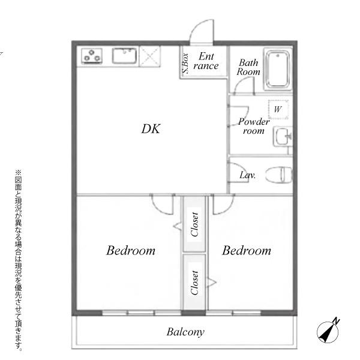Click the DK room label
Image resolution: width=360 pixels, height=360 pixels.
pos(151,129)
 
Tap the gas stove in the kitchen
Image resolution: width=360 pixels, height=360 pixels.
pos(92,56)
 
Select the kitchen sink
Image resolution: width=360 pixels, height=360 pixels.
pos(124,55)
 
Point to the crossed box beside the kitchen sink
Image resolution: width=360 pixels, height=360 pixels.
pos(149,56)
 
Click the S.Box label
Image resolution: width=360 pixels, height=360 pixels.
pos(185,64)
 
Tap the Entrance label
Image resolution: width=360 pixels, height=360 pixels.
pos(206,61)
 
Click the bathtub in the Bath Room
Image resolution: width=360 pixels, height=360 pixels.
pos(278,70)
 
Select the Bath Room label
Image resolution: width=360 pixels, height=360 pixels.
pos(248,67)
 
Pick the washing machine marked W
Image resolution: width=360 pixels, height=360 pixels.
pos(278,110)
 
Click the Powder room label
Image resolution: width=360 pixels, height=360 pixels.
pos(254,126)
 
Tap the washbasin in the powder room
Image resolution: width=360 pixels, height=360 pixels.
pos(283,136)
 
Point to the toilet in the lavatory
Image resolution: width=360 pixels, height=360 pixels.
pos(279,175)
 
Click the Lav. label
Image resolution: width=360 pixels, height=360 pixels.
pos(247,175)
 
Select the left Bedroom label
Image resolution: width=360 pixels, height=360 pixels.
pos(131,250)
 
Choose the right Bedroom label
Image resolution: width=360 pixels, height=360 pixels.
pos(247,250)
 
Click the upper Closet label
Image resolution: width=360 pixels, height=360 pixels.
pos(194,224)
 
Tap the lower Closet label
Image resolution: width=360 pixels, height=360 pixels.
pos(194,283)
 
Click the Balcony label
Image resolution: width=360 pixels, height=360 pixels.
pos(185,332)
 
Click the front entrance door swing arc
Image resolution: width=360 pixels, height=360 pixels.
pos(197,26)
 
